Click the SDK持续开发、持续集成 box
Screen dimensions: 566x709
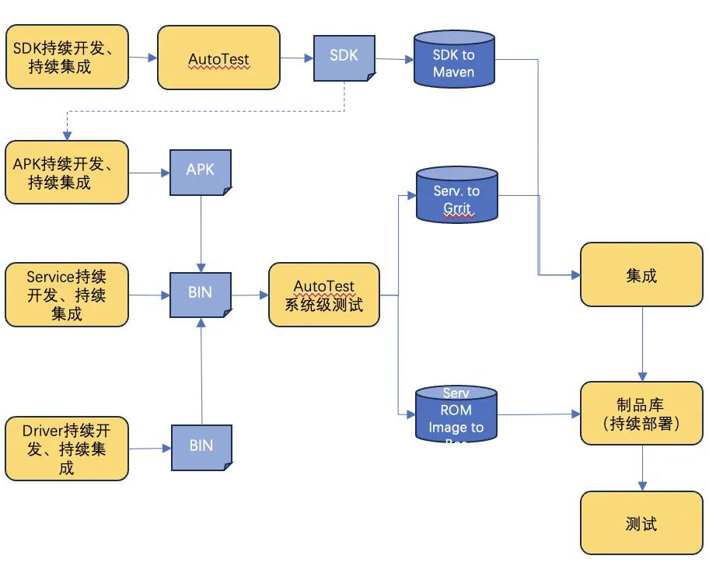pos(66,57)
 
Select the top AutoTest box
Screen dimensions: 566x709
pos(218,58)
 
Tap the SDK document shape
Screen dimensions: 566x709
pos(344,58)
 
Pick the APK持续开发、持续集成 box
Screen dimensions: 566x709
pos(66,172)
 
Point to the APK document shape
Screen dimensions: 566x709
pos(201,170)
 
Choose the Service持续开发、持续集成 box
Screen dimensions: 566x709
pos(66,295)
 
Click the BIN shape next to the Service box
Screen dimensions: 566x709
pos(201,294)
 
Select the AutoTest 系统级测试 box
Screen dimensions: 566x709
pos(324,295)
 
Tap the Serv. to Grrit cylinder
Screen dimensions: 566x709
pos(456,196)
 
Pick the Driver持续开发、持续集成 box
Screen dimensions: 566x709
pos(66,449)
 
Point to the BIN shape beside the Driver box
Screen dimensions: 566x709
pos(201,447)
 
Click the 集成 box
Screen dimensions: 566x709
pos(641,274)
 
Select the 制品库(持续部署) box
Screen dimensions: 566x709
pos(641,414)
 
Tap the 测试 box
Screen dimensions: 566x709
pos(641,522)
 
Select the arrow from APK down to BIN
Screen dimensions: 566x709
pos(201,233)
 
